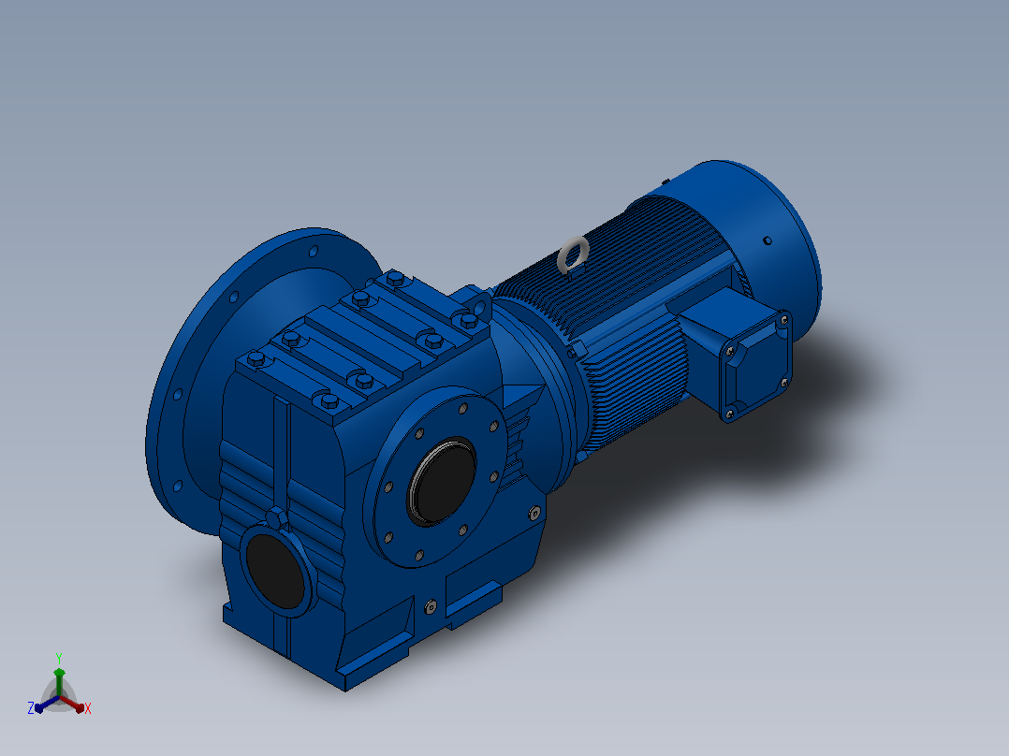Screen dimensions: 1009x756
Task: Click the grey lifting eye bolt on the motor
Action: pos(573,253)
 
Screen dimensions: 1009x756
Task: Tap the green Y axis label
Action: pos(59,658)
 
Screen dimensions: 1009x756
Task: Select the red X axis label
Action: pos(88,708)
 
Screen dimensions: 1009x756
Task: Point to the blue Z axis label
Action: pos(31,708)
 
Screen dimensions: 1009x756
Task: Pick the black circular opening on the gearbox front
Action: pos(275,571)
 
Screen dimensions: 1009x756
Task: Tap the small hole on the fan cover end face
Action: pos(768,240)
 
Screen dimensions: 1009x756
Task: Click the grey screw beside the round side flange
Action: pos(534,513)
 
